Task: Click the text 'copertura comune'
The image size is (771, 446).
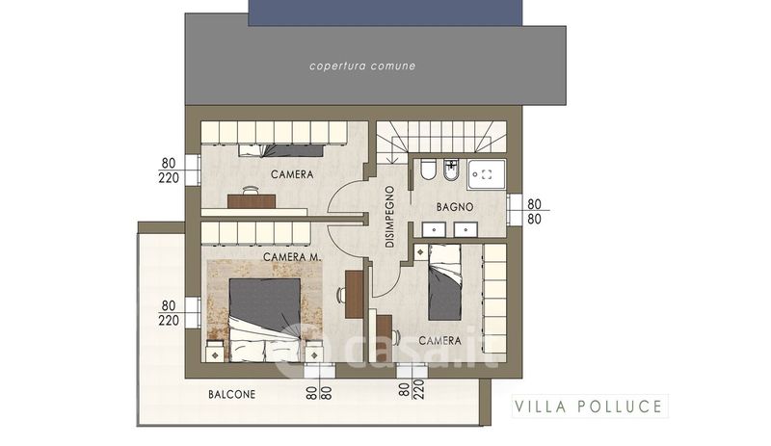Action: point(362,66)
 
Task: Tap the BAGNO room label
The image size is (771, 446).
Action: point(455,207)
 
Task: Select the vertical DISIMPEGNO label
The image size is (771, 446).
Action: point(389,217)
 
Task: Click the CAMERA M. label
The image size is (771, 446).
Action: point(292,256)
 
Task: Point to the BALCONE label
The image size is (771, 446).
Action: point(231,394)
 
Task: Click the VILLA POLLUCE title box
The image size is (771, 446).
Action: point(590,407)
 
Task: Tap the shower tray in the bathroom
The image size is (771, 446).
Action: point(487,174)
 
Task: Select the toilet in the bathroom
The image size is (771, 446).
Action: point(426,170)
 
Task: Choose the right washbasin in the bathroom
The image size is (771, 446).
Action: point(465,229)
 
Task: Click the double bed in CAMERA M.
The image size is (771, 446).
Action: point(264,320)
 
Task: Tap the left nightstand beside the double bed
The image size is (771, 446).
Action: point(215,351)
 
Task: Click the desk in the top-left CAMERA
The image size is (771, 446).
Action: point(252,201)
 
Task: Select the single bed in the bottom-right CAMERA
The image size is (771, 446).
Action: point(444,283)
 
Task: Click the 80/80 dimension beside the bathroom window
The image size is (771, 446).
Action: point(534,211)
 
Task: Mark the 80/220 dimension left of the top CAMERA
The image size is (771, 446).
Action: point(169,171)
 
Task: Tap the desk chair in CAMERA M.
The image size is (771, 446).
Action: point(341,295)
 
